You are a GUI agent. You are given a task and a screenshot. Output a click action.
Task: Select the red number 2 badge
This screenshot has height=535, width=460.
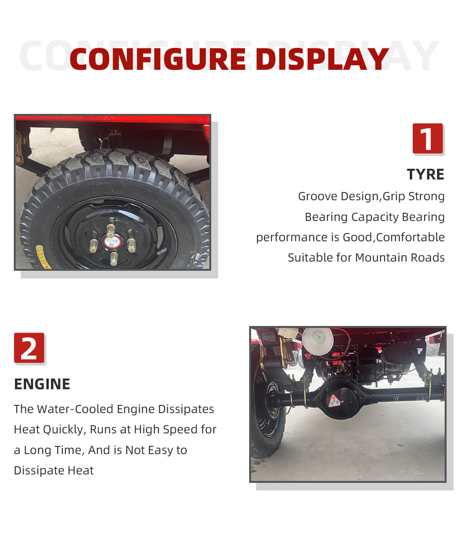pyautogui.click(x=29, y=347)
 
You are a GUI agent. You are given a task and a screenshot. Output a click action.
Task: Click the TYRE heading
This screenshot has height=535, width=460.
pyautogui.click(x=426, y=174)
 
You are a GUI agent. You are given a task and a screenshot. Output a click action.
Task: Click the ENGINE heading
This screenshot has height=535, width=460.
pyautogui.click(x=42, y=384)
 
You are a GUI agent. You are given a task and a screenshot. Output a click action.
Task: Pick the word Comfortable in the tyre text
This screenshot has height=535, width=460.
pyautogui.click(x=410, y=237)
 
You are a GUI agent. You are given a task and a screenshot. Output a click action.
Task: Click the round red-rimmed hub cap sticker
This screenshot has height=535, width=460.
pyautogui.click(x=113, y=242)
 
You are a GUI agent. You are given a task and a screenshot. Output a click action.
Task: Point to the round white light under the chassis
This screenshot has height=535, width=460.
pyautogui.click(x=317, y=340)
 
